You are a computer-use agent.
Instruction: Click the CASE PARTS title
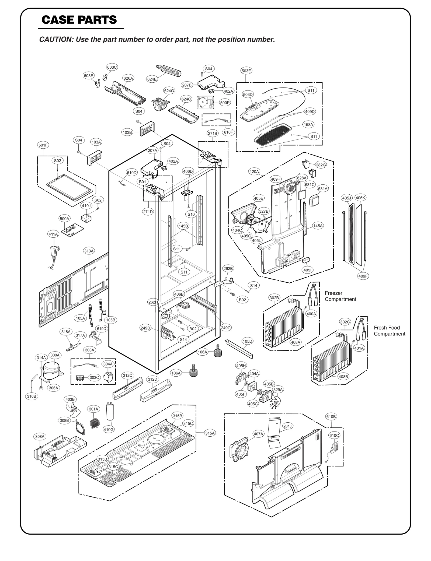click(x=79, y=20)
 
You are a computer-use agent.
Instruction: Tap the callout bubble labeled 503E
click(x=246, y=71)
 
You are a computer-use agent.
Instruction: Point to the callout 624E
click(x=152, y=79)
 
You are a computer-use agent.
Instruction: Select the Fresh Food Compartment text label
click(x=389, y=331)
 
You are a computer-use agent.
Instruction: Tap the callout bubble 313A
click(x=89, y=251)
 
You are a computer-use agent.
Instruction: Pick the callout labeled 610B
click(x=331, y=416)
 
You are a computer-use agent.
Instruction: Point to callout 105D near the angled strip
click(x=247, y=341)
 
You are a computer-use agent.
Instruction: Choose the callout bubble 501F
click(x=43, y=145)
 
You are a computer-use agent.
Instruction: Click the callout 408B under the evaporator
click(x=343, y=377)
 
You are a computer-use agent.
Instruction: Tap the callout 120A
click(x=254, y=171)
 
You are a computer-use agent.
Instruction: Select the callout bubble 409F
click(x=363, y=276)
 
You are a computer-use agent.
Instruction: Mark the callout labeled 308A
click(x=40, y=437)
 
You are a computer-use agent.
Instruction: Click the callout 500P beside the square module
click(x=225, y=103)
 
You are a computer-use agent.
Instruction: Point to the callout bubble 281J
click(x=288, y=426)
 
